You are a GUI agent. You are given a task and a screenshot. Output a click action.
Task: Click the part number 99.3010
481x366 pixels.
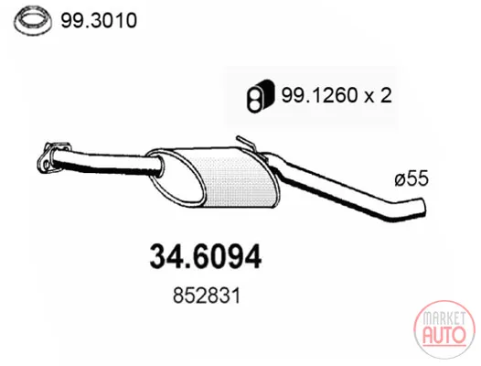coord(99,20)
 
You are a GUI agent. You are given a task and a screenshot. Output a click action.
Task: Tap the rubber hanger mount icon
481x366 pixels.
coord(260,96)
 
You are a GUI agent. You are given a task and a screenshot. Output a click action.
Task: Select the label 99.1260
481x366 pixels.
coord(319,95)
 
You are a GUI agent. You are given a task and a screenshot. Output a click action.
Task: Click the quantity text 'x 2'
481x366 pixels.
coord(379,95)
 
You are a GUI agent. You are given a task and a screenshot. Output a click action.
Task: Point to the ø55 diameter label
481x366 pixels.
coord(412,178)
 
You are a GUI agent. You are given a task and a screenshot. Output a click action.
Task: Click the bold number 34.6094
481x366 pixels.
coord(205,256)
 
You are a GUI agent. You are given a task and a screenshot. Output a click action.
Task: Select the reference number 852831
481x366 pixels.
coord(207,296)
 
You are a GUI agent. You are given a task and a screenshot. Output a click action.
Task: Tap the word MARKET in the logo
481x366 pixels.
coord(444,318)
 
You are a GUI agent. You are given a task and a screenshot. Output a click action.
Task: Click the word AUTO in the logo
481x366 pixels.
coord(444,335)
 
